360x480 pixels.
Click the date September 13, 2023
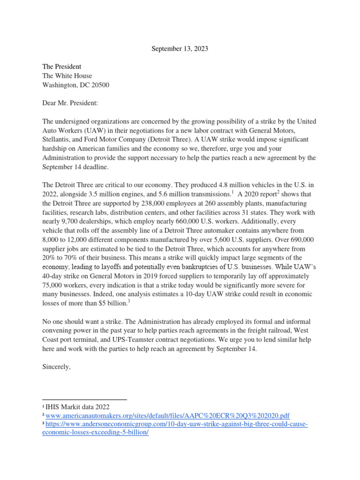click(180, 48)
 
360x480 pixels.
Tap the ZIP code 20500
click(100, 85)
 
